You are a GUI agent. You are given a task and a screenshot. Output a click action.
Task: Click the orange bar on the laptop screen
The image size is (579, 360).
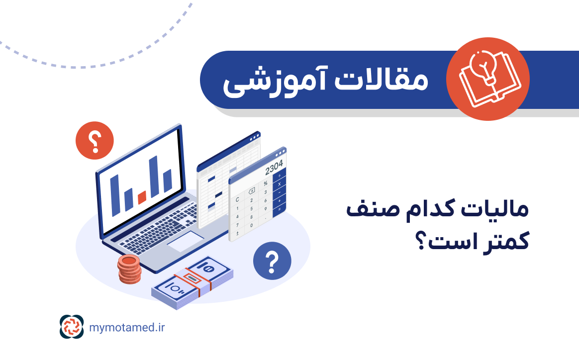pyautogui.click(x=142, y=197)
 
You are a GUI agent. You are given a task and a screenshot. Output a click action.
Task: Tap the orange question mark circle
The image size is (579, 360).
pyautogui.click(x=95, y=140)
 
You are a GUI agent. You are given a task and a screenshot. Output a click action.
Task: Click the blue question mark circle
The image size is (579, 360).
pyautogui.click(x=272, y=261)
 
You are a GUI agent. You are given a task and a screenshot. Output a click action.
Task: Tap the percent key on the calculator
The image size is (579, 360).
pyautogui.click(x=266, y=183)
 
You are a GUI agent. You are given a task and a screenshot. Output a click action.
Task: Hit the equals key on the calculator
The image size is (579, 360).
pyautogui.click(x=280, y=209)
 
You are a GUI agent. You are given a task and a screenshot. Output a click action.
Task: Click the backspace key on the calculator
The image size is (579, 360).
pyautogui.click(x=252, y=190)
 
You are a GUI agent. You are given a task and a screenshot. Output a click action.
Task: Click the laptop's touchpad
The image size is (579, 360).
pyautogui.click(x=185, y=241)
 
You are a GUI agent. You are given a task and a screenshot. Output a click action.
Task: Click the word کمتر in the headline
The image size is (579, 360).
pyautogui.click(x=504, y=242)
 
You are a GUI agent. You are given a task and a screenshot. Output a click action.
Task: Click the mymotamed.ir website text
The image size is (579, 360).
pyautogui.click(x=127, y=327)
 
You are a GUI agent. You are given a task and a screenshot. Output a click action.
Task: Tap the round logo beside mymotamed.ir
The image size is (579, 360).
pyautogui.click(x=72, y=327)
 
